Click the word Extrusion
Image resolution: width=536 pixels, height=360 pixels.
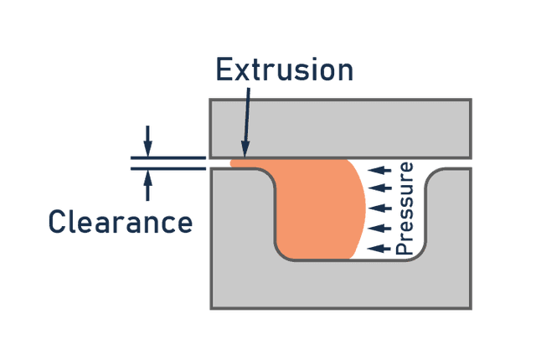[x=285, y=69]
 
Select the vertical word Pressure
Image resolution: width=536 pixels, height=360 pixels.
[x=405, y=208]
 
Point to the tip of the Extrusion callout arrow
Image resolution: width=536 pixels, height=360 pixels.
[x=245, y=156]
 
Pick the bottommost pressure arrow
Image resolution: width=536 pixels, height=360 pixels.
[x=379, y=247]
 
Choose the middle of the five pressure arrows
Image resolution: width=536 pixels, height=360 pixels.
[x=380, y=208]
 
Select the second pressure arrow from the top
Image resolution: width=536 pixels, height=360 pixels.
[x=380, y=189]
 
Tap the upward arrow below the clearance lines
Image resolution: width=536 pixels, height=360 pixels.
[x=148, y=185]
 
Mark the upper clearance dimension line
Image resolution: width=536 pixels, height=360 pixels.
[x=167, y=157]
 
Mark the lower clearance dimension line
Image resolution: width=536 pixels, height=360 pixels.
[x=167, y=168]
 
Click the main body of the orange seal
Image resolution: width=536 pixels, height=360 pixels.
[x=318, y=209]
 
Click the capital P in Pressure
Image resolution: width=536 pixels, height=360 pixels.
[x=405, y=245]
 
